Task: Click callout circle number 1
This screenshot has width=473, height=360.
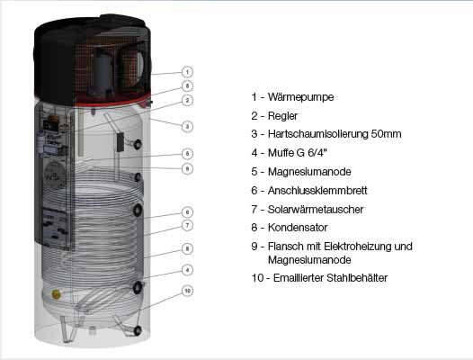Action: [x=187, y=71]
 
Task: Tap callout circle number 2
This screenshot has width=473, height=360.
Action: [x=187, y=100]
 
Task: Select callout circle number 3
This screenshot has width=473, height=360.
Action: [x=187, y=126]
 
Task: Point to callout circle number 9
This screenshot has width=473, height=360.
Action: [x=187, y=168]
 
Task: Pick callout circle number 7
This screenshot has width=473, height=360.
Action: [x=187, y=225]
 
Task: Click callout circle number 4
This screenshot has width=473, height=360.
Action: [x=187, y=269]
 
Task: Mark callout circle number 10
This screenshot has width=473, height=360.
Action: [x=187, y=291]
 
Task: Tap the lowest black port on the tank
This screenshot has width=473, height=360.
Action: [x=138, y=330]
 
